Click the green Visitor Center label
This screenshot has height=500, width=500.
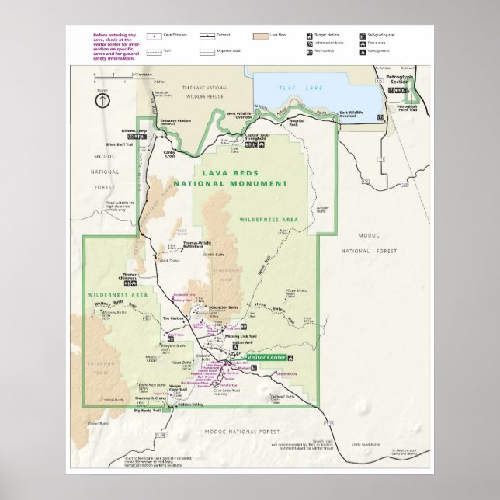(266, 357)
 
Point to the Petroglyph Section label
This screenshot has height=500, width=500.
(402, 81)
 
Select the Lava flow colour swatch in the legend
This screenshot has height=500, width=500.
(259, 36)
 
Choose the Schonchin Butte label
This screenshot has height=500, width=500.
(223, 307)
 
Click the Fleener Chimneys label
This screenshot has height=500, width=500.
(133, 276)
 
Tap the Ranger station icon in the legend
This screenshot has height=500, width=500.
(310, 36)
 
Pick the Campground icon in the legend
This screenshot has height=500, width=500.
(362, 50)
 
